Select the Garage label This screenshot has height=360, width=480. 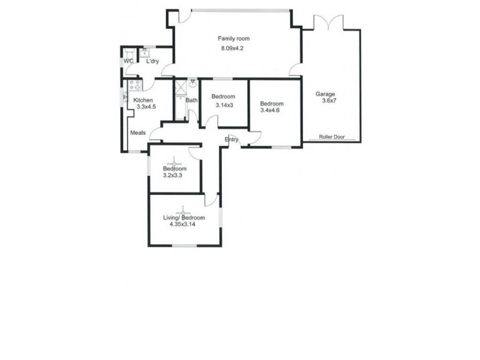(x=325, y=94)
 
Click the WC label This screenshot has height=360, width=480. (x=128, y=61)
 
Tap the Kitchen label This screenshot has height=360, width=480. (x=143, y=100)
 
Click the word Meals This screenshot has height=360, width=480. (x=138, y=133)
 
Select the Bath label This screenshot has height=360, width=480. (x=191, y=100)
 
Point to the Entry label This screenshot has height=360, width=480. (x=232, y=140)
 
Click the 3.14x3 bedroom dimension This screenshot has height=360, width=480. (x=224, y=106)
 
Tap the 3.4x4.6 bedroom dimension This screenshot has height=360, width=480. (x=270, y=110)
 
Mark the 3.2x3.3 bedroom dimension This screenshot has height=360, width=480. (x=172, y=176)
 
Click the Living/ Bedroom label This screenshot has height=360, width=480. (x=184, y=217)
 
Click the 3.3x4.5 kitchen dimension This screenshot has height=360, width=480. (x=146, y=107)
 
